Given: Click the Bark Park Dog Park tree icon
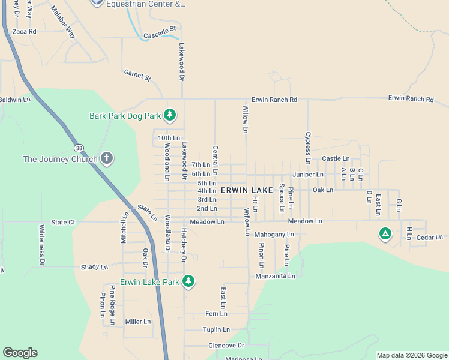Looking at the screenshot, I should coord(170,115).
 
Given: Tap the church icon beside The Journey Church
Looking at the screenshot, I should coord(107,158).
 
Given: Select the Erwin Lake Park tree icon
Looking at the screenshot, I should coord(188,281).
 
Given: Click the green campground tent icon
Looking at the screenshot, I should coord(385,233).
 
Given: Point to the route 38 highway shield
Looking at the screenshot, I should coord(79,148).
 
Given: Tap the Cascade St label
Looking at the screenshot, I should coord(159,28).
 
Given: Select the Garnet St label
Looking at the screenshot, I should coord(137,76).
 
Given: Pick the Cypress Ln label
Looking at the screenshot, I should coord(307,148).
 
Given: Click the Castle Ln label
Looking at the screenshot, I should coord(331,158).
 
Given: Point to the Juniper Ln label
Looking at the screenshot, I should coord(308,175).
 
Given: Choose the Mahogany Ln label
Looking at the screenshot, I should coord(274,235).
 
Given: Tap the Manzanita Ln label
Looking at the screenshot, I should coord(275,276).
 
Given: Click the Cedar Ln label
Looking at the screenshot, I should coord(429,238).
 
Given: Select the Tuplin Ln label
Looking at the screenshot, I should coord(216,329).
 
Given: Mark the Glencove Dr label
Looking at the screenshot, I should coord(226,346).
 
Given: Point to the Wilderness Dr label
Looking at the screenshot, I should coord(41,245).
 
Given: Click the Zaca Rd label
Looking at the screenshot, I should coord(24,31).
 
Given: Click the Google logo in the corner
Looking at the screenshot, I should coord(20,353).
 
